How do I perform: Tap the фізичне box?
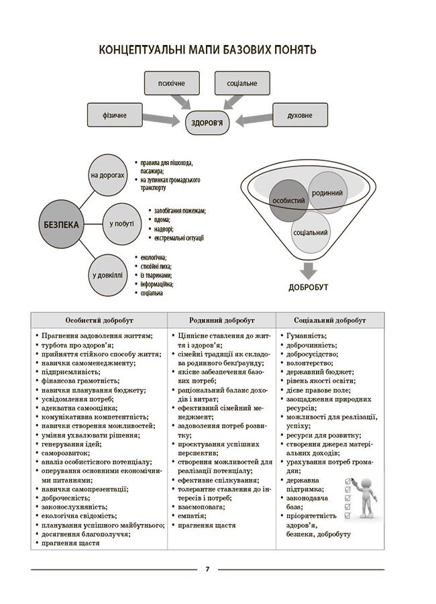(115, 115)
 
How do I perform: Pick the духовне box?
(299, 115)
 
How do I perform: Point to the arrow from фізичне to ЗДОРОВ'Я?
(164, 119)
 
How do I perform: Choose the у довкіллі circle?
(107, 274)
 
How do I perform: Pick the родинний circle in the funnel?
(327, 193)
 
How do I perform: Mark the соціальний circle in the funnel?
(310, 232)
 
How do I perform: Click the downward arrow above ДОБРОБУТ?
(308, 270)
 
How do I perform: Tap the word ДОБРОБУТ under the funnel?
(309, 288)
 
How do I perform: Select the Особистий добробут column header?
(99, 320)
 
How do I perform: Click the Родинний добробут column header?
(222, 320)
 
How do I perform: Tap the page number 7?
(207, 570)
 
